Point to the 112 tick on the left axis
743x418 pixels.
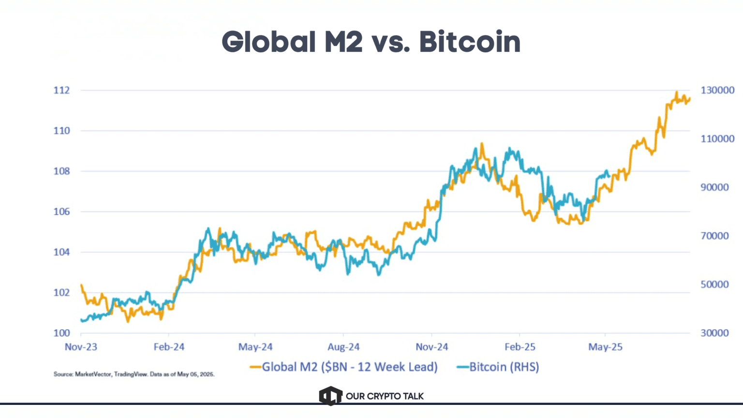pyautogui.click(x=61, y=90)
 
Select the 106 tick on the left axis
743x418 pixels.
pyautogui.click(x=61, y=211)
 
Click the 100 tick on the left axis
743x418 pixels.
pyautogui.click(x=61, y=333)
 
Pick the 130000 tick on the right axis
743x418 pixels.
pyautogui.click(x=717, y=90)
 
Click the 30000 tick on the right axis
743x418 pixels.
pyautogui.click(x=715, y=333)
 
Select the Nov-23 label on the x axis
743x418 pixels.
pyautogui.click(x=81, y=347)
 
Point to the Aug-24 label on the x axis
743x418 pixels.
pyautogui.click(x=343, y=347)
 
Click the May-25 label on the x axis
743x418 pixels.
pyautogui.click(x=605, y=347)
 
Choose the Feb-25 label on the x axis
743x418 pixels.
pyautogui.click(x=520, y=347)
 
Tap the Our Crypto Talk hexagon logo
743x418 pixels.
pyautogui.click(x=330, y=396)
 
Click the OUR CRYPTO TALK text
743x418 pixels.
pyautogui.click(x=385, y=396)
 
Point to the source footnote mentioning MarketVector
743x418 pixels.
pyautogui.click(x=134, y=374)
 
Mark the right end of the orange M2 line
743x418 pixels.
pyautogui.click(x=690, y=99)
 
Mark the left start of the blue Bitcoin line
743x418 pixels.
pyautogui.click(x=81, y=320)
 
